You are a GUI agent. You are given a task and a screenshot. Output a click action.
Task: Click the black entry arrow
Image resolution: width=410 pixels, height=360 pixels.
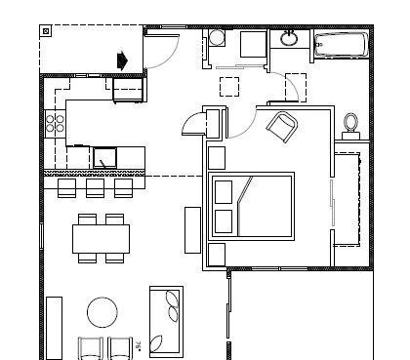(122, 60)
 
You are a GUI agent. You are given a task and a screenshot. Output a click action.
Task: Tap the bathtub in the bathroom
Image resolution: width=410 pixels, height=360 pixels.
(341, 45)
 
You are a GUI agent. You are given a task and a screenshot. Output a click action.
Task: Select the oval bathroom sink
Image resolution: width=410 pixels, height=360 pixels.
(289, 39)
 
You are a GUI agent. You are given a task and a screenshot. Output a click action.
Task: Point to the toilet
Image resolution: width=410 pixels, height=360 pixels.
(351, 124)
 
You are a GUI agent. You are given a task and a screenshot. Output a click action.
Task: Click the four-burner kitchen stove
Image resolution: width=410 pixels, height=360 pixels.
(55, 124)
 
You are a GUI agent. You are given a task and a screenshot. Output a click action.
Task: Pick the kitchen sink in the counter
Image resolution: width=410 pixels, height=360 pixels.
(105, 155)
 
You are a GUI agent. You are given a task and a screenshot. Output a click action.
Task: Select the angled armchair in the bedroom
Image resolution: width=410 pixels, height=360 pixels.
(282, 126)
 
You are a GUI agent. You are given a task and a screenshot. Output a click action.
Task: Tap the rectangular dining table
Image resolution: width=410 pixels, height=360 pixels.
(101, 237)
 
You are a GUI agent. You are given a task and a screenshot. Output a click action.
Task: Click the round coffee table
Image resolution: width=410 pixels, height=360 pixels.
(102, 312)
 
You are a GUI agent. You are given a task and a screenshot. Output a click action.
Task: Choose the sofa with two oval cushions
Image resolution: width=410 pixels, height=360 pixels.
(167, 318)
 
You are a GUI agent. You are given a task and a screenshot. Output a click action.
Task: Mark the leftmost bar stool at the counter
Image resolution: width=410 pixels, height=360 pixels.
(67, 186)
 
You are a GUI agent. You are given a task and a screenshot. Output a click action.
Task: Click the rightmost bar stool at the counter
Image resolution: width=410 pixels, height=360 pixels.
(123, 186)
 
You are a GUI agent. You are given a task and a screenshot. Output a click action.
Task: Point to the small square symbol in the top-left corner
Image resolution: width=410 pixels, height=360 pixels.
(46, 31)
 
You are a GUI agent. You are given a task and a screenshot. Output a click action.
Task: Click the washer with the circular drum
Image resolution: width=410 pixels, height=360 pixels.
(217, 39)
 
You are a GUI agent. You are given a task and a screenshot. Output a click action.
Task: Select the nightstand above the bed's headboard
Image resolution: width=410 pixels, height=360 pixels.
(217, 157)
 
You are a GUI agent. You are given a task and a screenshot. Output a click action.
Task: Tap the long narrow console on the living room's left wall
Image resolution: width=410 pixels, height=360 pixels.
(55, 326)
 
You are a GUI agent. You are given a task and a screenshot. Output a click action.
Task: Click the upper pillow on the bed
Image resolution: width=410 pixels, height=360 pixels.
(224, 191)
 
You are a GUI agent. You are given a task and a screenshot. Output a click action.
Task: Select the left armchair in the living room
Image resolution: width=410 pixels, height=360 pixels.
(90, 347)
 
